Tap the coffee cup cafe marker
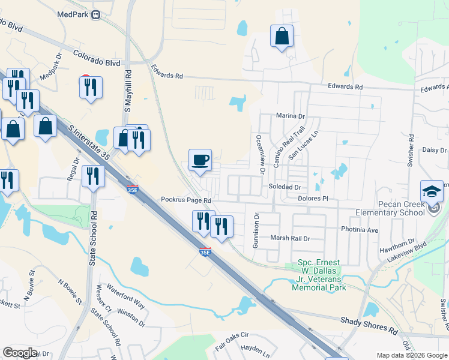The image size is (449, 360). (x=200, y=161)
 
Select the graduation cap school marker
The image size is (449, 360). (x=432, y=191)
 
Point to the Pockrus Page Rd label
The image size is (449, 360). (x=186, y=200)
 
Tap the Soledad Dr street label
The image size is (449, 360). (x=284, y=187)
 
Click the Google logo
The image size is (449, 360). (x=20, y=353)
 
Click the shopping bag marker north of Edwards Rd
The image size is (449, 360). (x=282, y=37)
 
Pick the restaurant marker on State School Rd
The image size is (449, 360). (x=93, y=176)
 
